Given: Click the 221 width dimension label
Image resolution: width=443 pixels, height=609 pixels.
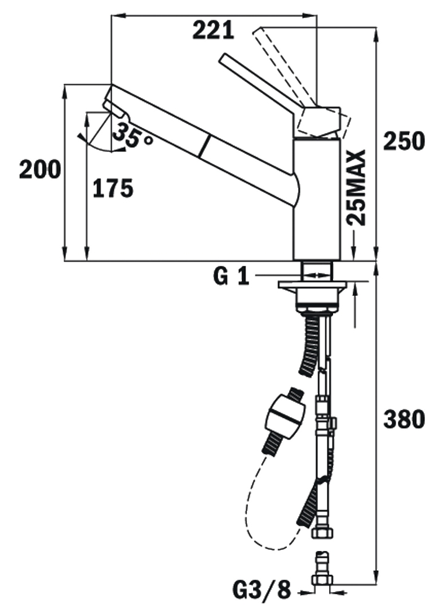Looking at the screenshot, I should coord(213,30).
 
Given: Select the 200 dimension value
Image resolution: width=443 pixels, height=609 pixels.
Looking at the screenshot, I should coord(39,169).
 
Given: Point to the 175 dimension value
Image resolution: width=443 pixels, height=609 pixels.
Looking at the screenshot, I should coord(113,189).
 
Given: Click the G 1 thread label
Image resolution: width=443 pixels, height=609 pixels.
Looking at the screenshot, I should coord(231,277).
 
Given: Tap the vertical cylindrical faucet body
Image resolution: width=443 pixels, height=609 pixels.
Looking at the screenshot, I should coord(317,200).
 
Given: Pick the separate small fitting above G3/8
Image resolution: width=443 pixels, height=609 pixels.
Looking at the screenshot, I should coord(321,564).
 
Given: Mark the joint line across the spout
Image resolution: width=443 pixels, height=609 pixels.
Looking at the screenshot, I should coord(206,148).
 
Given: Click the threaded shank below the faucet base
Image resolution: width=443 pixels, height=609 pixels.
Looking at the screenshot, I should coord(317,270).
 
